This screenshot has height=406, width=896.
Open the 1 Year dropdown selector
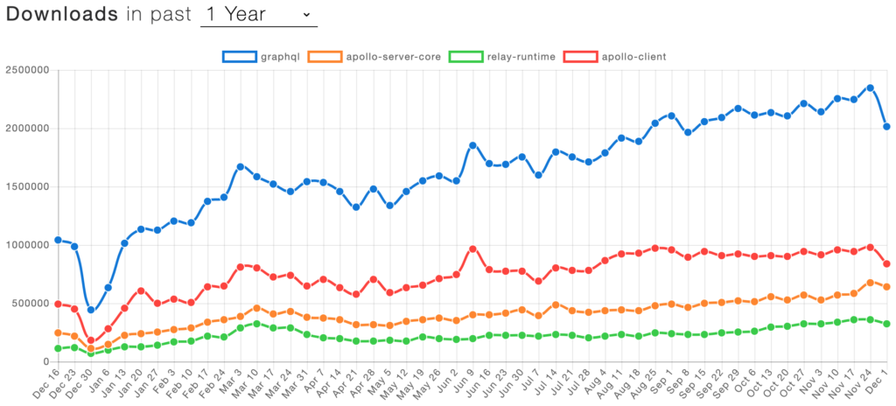(258, 15)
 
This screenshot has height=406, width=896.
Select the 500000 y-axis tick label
(28, 304)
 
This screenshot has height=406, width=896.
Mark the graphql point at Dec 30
(92, 309)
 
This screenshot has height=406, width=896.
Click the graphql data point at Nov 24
(870, 87)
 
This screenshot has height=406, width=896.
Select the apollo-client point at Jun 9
(472, 248)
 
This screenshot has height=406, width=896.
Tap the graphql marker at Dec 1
(886, 127)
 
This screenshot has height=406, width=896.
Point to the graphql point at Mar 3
(241, 166)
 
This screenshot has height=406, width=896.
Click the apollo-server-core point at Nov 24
(870, 283)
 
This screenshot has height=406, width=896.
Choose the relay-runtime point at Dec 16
(59, 348)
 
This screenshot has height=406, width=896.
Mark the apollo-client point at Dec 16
(59, 304)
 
